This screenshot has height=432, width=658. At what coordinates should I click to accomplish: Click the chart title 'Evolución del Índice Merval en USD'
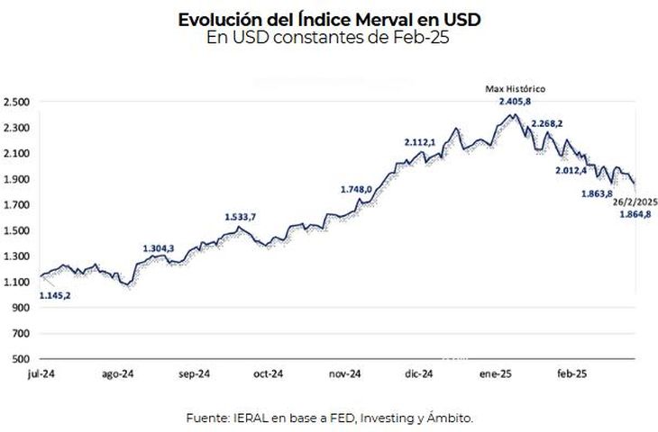[329, 19]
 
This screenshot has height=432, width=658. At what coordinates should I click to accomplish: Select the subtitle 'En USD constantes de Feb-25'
[329, 37]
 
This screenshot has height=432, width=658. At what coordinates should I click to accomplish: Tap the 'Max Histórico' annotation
[516, 89]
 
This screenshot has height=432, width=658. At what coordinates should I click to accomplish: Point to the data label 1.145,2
[55, 294]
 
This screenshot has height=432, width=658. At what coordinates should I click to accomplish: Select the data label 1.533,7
[241, 217]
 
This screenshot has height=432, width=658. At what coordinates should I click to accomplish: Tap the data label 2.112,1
[420, 142]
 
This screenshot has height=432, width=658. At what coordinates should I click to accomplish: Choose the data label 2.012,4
[571, 170]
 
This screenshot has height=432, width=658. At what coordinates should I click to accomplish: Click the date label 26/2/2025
[635, 202]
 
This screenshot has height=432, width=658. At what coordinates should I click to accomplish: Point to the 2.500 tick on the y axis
[17, 102]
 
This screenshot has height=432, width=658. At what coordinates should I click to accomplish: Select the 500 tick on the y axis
[22, 359]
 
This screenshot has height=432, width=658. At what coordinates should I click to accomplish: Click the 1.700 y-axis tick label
[17, 205]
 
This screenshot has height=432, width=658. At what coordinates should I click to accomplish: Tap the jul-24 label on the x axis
[42, 373]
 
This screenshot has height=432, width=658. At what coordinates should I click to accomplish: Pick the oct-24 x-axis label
[269, 373]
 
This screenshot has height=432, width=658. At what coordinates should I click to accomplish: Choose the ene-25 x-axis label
[492, 373]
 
